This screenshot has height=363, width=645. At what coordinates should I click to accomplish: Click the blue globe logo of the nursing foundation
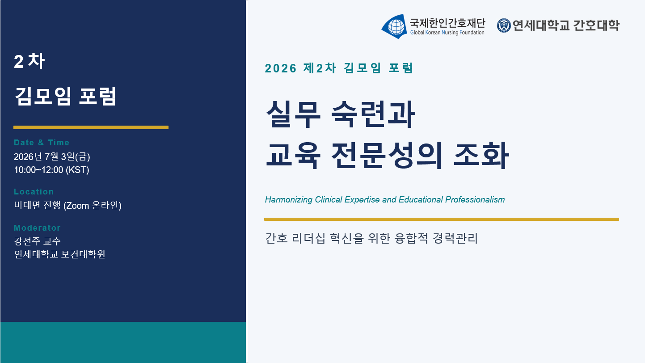point(394,26)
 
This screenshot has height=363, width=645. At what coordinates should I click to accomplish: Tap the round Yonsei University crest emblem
point(504,25)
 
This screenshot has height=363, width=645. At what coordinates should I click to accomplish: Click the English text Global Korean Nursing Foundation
point(447,33)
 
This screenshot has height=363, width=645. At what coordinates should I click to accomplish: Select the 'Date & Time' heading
point(42,143)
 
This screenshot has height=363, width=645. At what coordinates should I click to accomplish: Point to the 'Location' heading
point(34,192)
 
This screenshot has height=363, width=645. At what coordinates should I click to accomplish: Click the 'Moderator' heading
point(37,228)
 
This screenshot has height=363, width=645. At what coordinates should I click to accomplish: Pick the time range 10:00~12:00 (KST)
point(51,170)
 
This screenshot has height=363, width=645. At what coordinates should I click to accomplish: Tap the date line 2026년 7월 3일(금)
point(52,157)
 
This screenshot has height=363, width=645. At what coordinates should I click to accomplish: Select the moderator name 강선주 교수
point(37,241)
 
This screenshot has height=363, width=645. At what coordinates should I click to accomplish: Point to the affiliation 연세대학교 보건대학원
point(59,254)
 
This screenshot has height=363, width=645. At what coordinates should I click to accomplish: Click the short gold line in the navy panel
point(91,127)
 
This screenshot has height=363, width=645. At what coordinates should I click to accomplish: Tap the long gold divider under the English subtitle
point(442,219)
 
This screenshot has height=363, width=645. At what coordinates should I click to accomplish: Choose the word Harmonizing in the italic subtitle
point(288,200)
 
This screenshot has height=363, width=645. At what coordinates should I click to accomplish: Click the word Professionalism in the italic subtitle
point(475,200)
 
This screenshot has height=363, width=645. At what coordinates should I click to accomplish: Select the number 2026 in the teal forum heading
point(280,68)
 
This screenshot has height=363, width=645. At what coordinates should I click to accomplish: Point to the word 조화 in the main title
point(481,155)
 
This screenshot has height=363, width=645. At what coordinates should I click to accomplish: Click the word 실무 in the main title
point(293,114)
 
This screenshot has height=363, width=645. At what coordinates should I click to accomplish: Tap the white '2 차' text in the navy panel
point(29,61)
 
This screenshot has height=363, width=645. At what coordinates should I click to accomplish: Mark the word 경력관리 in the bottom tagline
point(455,238)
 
